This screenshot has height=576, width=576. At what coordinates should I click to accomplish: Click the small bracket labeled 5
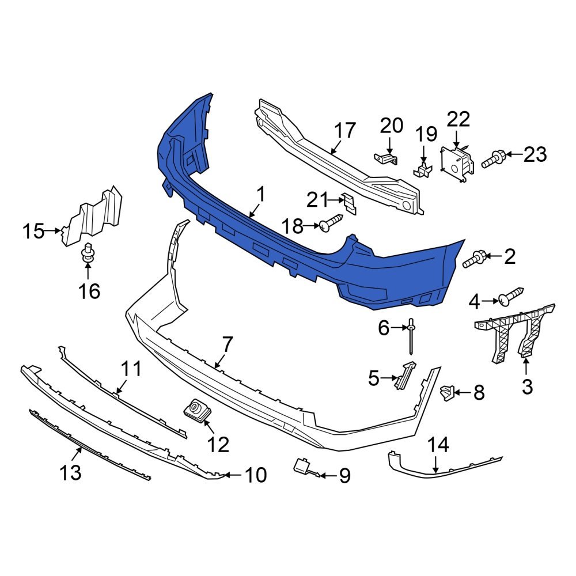406,375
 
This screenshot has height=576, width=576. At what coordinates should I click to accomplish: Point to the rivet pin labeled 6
411,337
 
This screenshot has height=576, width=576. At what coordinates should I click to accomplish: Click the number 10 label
256,475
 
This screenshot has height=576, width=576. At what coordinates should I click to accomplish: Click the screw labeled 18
331,223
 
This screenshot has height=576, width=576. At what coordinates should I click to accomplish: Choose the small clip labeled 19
423,168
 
